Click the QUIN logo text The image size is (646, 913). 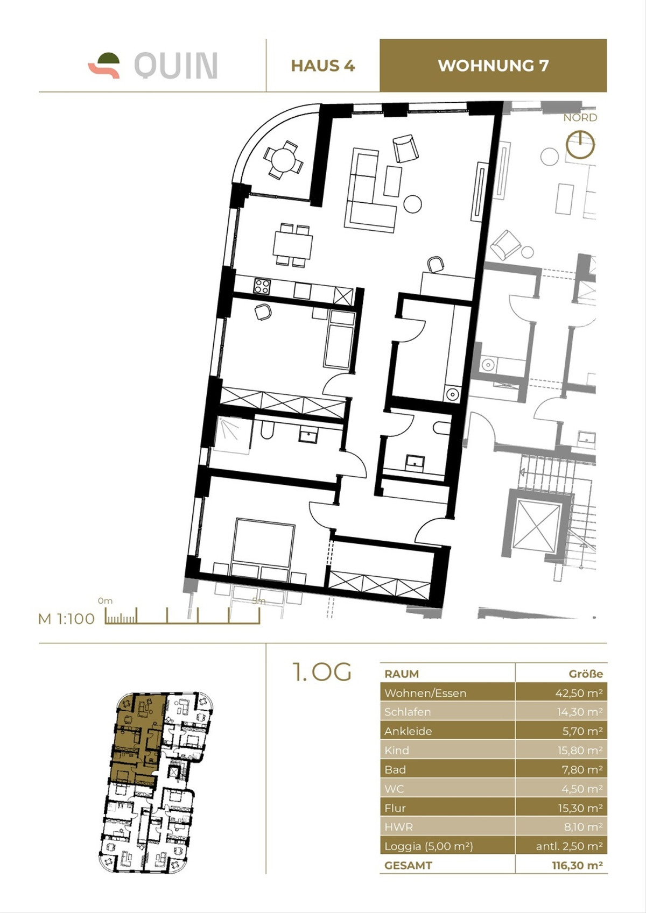(175, 66)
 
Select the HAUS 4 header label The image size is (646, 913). (322, 66)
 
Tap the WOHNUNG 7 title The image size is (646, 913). (493, 66)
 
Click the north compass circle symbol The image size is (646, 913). (580, 144)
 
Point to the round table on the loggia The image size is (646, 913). (283, 160)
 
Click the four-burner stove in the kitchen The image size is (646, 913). (262, 286)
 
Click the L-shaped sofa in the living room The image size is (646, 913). (366, 196)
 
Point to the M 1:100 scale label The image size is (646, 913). (66, 619)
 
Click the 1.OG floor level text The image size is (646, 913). (321, 672)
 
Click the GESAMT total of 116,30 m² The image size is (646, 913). (577, 866)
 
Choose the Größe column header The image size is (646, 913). (585, 674)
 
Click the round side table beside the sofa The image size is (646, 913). (413, 204)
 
